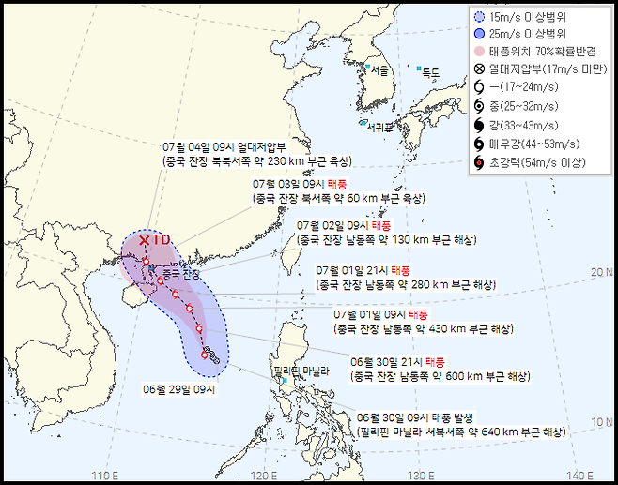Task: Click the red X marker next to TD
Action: coord(144,241)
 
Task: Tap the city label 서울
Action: coord(379,71)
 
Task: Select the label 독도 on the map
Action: coord(431,72)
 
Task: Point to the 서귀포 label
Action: coord(379,126)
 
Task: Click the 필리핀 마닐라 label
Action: coord(301,372)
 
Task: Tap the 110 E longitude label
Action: coord(105,474)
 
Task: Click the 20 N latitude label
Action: coord(602,272)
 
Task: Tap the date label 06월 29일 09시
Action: coord(178,387)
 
